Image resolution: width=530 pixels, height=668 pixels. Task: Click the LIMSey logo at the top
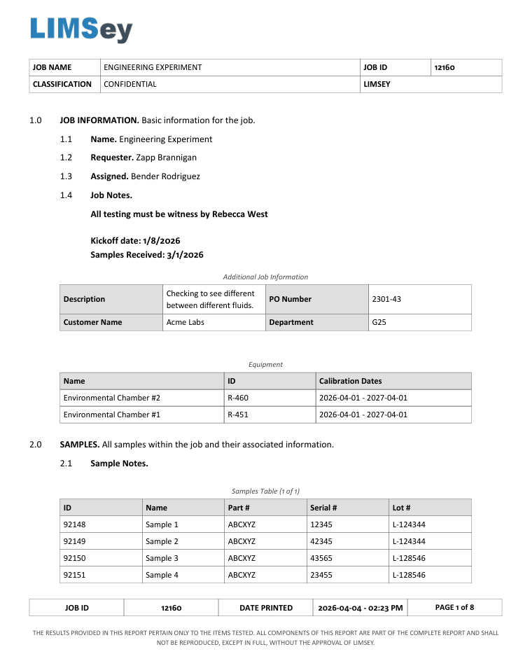coord(81,29)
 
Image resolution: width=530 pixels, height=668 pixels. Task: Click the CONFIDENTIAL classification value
coord(130,84)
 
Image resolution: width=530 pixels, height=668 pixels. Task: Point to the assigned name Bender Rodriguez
coord(165,176)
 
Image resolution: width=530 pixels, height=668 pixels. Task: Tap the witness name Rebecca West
coord(239,214)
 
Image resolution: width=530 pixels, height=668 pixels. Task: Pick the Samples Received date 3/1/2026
coord(185,255)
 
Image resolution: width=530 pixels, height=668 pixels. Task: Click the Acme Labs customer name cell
coord(186,322)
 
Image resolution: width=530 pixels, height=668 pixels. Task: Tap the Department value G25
coord(379,322)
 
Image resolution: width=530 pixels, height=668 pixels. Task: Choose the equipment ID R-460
coord(238,398)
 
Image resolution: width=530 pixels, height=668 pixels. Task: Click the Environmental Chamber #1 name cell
coord(112,415)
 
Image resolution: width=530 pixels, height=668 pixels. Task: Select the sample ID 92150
coord(74,558)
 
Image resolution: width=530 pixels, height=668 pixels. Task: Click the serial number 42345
coord(321,541)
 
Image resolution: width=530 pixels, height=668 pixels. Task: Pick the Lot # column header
coord(401,508)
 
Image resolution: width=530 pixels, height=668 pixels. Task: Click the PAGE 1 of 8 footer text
coord(454,607)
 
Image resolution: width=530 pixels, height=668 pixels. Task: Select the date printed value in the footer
coord(360,608)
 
